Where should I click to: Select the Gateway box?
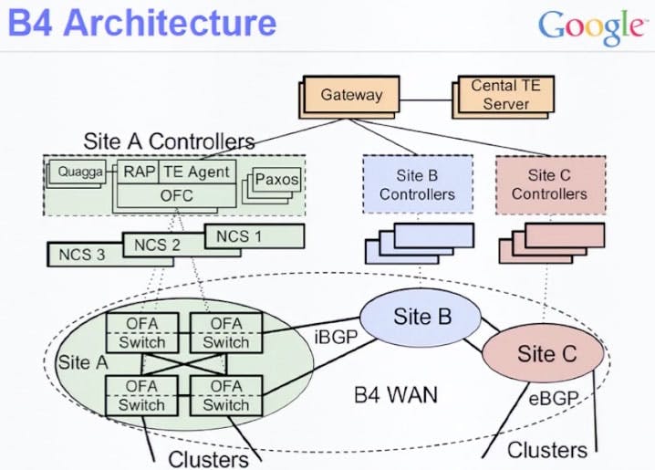coord(351,94)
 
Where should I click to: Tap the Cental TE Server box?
coord(505,94)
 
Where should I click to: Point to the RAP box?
coord(138,171)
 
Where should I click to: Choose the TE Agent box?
coord(196,171)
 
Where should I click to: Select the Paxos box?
coord(276,180)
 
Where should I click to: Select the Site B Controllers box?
coord(417,184)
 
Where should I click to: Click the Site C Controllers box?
coord(548,184)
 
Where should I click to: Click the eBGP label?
coord(552,398)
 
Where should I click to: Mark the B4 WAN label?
coord(396,395)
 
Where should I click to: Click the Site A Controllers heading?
coord(169,141)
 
